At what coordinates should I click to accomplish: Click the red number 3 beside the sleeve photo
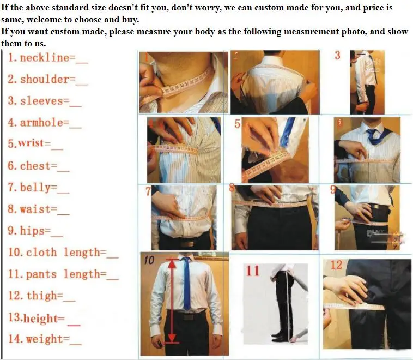pyautogui.click(x=337, y=56)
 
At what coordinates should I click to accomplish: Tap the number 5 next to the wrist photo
pyautogui.click(x=238, y=124)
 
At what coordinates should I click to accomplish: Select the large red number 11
pyautogui.click(x=253, y=271)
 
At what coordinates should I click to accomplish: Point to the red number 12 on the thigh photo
pyautogui.click(x=336, y=265)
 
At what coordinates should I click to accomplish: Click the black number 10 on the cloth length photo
pyautogui.click(x=149, y=260)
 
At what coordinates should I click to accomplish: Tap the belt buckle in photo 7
pyautogui.click(x=187, y=243)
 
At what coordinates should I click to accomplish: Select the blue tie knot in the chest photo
pyautogui.click(x=372, y=131)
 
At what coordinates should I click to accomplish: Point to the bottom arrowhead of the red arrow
pyautogui.click(x=172, y=338)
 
